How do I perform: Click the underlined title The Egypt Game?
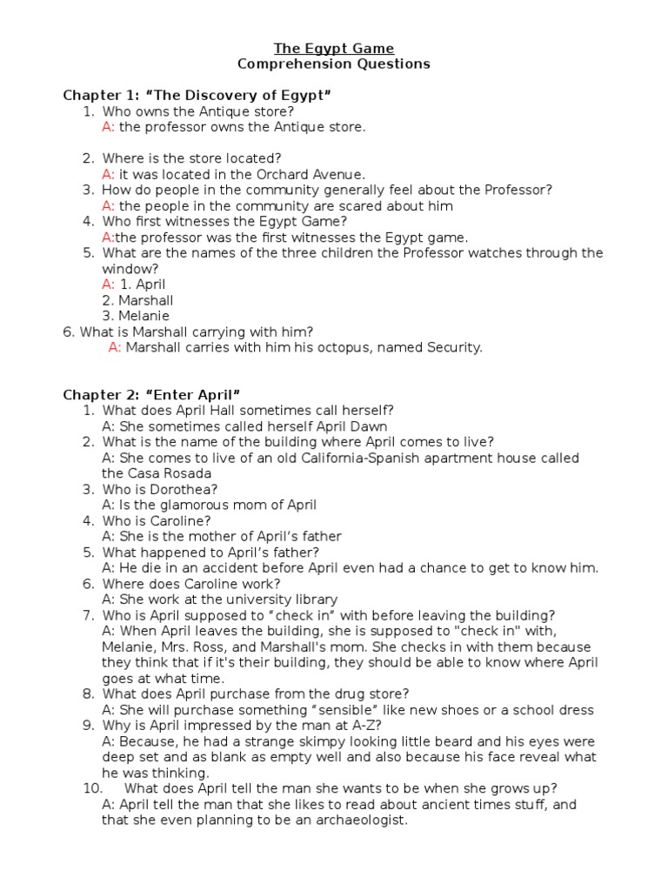click(x=334, y=48)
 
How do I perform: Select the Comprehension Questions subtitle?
click(x=334, y=64)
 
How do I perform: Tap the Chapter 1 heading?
click(x=197, y=95)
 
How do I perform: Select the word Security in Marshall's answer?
click(x=452, y=347)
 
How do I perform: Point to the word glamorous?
click(x=190, y=505)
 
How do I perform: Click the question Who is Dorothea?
click(x=160, y=489)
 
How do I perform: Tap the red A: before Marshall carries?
click(x=115, y=347)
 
